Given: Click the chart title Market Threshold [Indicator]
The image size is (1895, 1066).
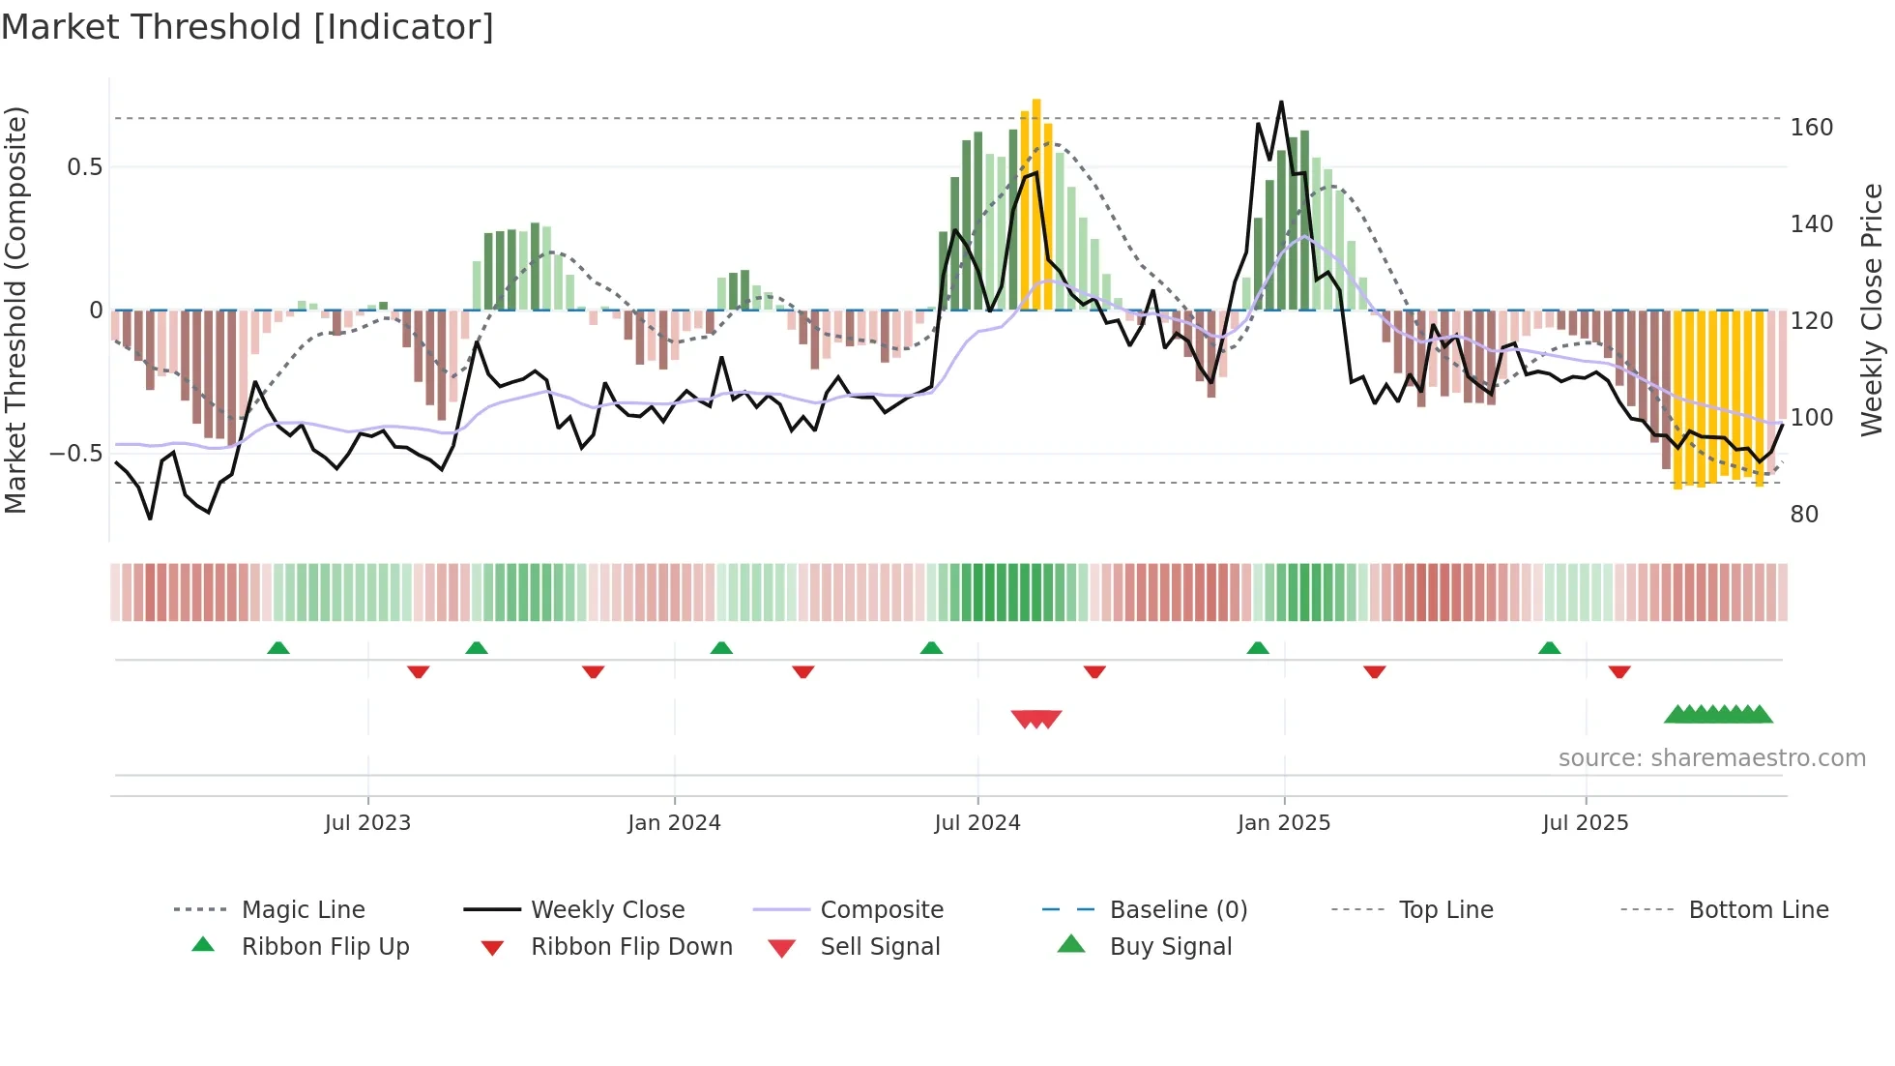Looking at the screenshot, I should (x=248, y=27).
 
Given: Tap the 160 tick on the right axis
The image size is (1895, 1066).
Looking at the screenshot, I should (x=1811, y=128).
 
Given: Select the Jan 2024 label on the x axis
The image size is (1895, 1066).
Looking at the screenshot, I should (x=674, y=823).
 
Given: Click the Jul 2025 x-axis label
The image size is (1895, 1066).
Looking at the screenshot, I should (x=1585, y=823).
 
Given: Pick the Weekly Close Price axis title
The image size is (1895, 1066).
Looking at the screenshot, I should (x=1872, y=310).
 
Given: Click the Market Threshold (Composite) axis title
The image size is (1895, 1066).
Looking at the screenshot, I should (x=15, y=310).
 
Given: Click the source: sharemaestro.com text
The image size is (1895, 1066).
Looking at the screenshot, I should (x=1711, y=758).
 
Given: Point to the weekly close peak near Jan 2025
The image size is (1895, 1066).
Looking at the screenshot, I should (x=1281, y=102).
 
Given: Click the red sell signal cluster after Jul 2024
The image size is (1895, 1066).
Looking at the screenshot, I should (x=1036, y=719).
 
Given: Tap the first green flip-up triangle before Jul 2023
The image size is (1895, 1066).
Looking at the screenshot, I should (x=278, y=647).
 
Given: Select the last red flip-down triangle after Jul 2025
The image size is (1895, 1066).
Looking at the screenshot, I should (x=1619, y=671).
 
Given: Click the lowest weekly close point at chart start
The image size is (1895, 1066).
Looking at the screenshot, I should (x=150, y=518).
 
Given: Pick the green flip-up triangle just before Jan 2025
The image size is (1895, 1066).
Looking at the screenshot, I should (x=1257, y=647).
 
